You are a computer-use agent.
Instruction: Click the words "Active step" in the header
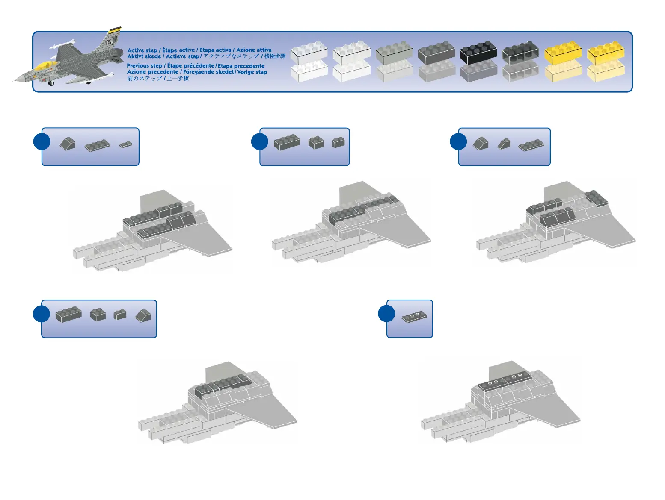[142, 50]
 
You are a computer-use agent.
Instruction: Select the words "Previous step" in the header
[144, 66]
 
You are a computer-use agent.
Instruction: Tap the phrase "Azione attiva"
[254, 50]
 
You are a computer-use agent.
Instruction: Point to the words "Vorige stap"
[252, 72]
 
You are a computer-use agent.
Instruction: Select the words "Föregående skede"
[208, 72]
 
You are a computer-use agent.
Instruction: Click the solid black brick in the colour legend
[478, 53]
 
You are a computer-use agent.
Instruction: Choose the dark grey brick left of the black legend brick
[436, 53]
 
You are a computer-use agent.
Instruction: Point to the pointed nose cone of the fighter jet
[18, 79]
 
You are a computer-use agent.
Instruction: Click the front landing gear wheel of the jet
[52, 83]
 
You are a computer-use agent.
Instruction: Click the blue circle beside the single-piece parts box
[386, 313]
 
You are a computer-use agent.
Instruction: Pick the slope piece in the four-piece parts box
[143, 316]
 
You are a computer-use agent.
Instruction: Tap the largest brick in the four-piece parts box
[68, 315]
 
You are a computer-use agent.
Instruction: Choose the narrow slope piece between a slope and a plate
[504, 144]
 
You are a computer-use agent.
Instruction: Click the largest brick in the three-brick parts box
[286, 142]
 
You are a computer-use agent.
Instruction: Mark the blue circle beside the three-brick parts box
[259, 141]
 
